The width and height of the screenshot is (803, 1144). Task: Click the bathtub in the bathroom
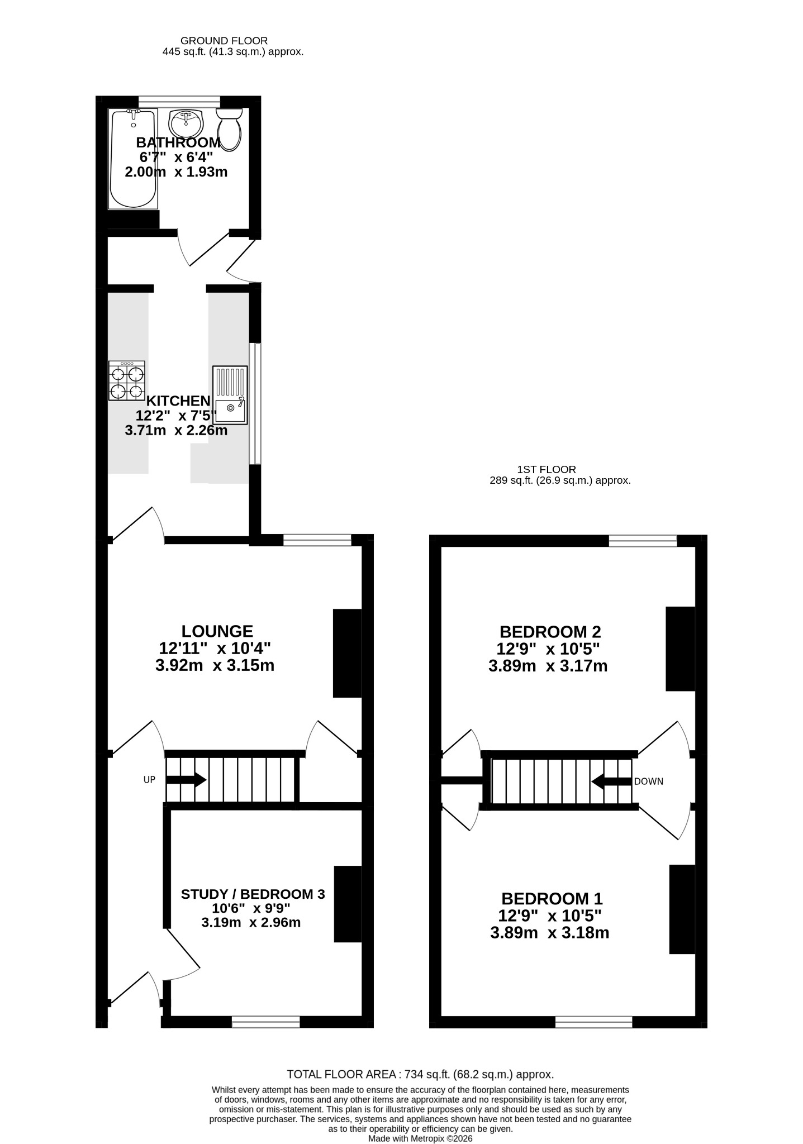point(133,159)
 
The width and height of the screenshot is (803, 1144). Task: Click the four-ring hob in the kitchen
point(127,380)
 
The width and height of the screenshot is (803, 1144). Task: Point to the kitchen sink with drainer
point(230,395)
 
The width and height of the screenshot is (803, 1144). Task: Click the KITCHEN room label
point(178,401)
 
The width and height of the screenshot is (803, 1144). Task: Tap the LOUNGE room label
point(217,631)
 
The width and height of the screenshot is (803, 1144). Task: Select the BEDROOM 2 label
point(550,632)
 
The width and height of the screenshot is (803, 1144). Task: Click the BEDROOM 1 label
point(552,899)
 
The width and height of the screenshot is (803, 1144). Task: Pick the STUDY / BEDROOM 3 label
point(253,894)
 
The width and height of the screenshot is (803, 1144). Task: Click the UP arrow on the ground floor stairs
point(187,780)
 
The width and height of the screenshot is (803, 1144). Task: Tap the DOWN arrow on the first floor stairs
point(611,781)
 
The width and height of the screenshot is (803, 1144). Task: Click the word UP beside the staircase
point(149,780)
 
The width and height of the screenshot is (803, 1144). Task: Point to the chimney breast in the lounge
point(348,653)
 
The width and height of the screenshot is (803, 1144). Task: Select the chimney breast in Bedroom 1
point(682,909)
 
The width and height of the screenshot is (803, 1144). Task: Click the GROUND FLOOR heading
point(224,41)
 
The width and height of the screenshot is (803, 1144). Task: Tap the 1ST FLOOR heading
point(547,470)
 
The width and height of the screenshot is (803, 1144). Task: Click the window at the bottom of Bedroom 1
point(594,1022)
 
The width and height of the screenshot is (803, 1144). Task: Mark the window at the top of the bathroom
point(179,101)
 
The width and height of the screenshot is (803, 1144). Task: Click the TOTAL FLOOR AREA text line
point(420,1074)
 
